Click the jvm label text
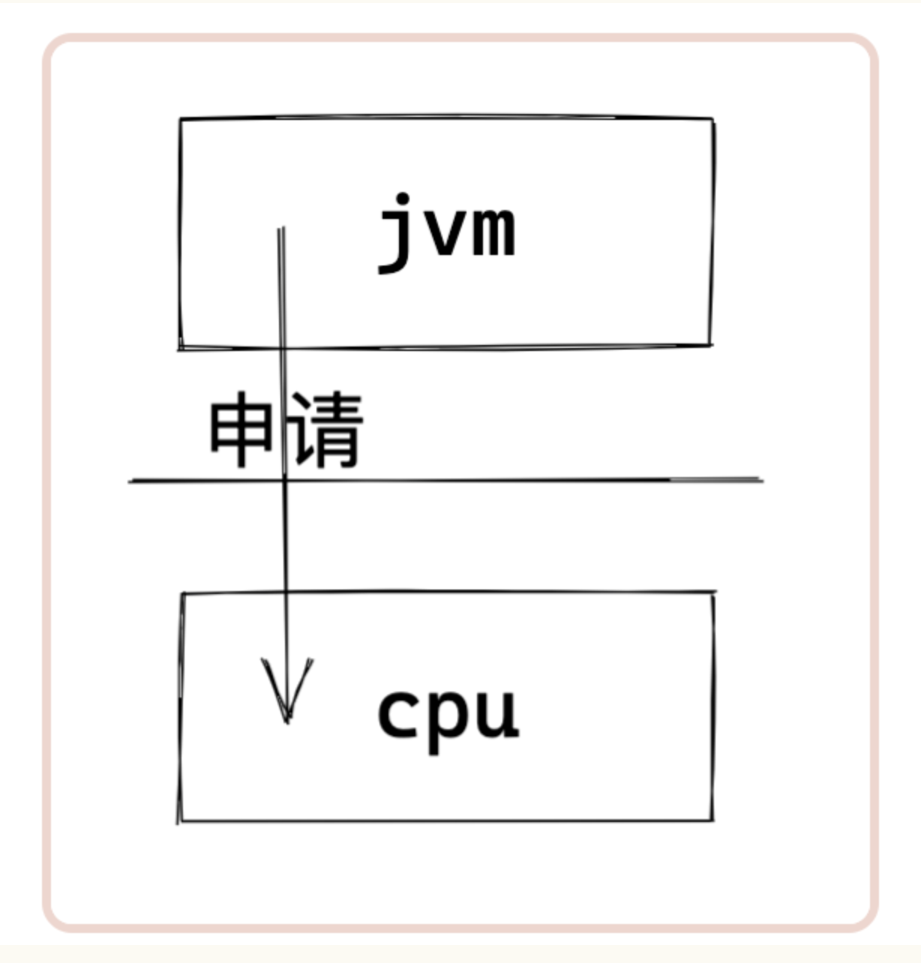447,232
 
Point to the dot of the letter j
403,199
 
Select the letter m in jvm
494,232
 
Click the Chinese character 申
241,429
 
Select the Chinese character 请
325,430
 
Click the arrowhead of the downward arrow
287,691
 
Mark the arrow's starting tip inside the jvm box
280,228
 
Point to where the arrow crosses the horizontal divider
284,480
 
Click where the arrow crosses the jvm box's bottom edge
281,349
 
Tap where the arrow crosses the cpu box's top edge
286,592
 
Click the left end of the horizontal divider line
129,481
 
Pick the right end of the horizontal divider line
763,480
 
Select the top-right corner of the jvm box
712,119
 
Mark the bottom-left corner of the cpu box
179,821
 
